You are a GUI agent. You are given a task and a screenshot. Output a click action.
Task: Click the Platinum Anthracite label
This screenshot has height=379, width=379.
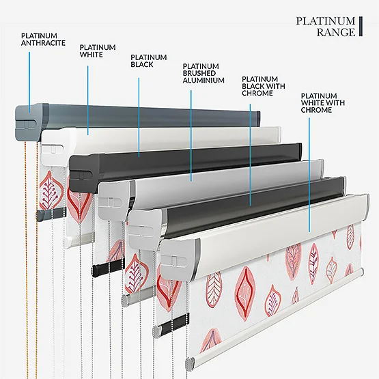click(x=43, y=40)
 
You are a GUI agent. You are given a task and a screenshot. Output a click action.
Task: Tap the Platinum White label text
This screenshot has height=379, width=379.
click(x=98, y=51)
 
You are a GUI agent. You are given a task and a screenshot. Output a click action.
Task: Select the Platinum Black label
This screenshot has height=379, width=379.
click(x=149, y=61)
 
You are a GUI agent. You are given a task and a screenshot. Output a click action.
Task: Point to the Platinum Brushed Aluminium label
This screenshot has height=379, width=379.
click(x=203, y=74)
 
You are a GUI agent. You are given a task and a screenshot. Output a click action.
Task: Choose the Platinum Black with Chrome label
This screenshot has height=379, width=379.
click(x=264, y=86)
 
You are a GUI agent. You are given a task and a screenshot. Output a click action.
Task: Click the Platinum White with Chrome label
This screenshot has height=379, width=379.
click(x=323, y=103)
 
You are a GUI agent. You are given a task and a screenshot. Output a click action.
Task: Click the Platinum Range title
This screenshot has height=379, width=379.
click(x=326, y=27)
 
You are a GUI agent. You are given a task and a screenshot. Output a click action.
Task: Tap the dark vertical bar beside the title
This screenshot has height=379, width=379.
click(x=361, y=27)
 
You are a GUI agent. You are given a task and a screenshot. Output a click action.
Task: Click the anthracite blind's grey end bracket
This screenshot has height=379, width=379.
click(x=31, y=122)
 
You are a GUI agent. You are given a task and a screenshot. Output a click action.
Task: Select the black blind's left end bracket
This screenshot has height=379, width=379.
click(x=85, y=173)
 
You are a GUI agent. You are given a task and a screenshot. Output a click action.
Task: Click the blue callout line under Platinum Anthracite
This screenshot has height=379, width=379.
click(x=29, y=82)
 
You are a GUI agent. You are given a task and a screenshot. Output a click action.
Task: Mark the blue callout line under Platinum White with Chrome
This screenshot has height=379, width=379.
click(x=309, y=175)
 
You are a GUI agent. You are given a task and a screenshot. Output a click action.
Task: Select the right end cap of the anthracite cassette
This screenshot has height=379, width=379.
click(x=258, y=118)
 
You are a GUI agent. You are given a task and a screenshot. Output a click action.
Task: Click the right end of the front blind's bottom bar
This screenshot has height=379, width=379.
click(x=361, y=272)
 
